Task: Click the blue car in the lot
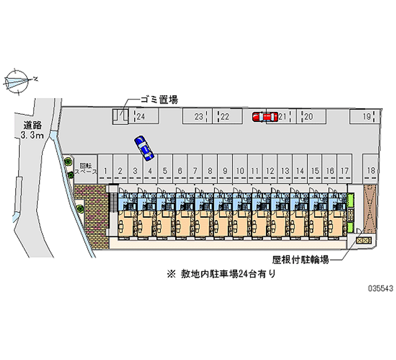pos(144,148)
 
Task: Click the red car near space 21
pos(264,117)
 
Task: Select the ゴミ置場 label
pos(159,100)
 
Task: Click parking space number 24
pos(141,117)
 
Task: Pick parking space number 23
pos(198,117)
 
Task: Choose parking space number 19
pos(366,117)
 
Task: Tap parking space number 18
pos(371,171)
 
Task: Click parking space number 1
pos(105,171)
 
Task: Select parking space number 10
pos(240,171)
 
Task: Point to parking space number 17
pos(345,171)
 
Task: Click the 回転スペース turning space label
pos(86,166)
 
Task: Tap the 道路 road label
pos(31,125)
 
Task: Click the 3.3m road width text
pos(31,135)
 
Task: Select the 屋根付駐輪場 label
pos(300,258)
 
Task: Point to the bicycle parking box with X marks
pos(363,240)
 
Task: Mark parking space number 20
pos(308,117)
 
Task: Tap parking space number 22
pos(224,117)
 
